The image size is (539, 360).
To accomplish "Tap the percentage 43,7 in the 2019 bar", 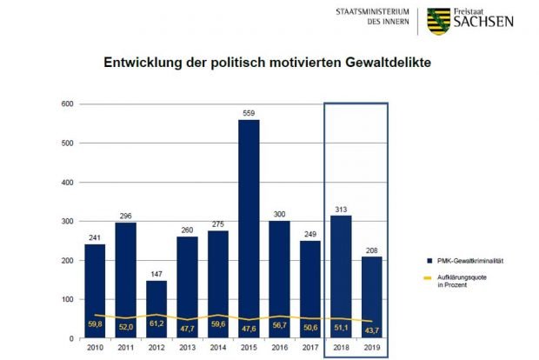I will (x=370, y=328).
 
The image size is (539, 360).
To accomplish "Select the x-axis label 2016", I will (x=280, y=349).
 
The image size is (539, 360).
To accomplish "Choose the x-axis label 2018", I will (x=340, y=349).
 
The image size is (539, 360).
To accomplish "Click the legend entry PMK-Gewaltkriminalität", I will (x=470, y=260).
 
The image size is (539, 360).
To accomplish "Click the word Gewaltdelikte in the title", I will (x=378, y=63).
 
